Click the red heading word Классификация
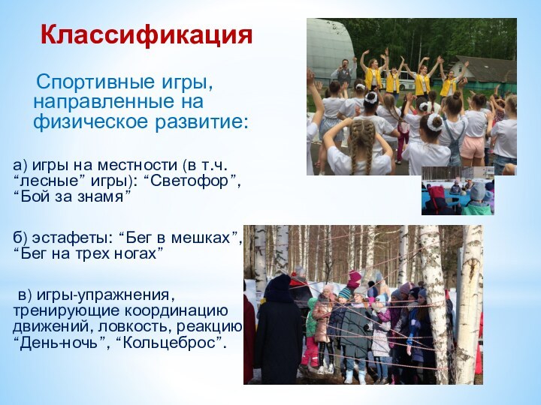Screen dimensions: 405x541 [x=147, y=34]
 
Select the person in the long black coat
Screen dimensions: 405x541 [x=277, y=330]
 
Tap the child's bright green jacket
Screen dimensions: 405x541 [x=311, y=319]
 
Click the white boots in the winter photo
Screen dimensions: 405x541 [x=325, y=367]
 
